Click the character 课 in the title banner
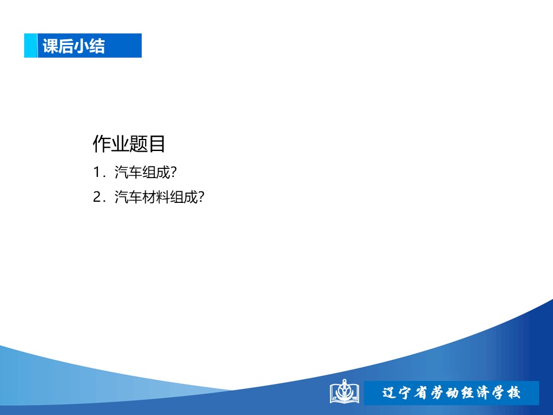50,46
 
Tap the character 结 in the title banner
97,46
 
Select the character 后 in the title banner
66,46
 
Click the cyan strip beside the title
31,46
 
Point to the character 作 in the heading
102,144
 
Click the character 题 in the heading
139,144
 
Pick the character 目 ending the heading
157,144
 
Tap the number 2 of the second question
97,197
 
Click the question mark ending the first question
173,172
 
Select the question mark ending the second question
201,197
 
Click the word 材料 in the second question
156,197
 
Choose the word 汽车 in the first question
128,172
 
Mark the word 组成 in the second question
184,197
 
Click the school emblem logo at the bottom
344,391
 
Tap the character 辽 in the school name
389,393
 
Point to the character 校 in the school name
513,393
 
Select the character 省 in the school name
421,393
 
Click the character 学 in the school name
498,393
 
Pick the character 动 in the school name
452,393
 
